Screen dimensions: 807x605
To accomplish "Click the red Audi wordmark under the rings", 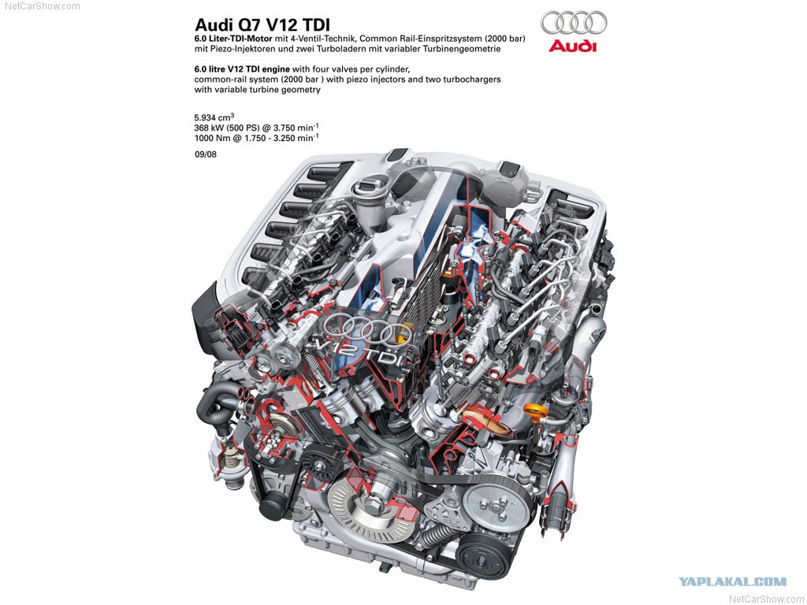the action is [x=572, y=46].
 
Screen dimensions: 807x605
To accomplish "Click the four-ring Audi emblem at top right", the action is [x=574, y=23].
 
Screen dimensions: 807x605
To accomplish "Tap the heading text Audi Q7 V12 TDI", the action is [x=262, y=24].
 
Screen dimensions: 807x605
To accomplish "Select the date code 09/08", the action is [x=206, y=154].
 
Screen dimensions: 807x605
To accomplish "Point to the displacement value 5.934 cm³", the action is [x=214, y=117].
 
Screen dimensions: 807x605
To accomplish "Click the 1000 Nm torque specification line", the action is [x=256, y=138].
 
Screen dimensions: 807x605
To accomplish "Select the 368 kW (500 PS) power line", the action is [x=256, y=128].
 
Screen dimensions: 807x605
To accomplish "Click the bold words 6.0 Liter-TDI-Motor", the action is [x=233, y=39].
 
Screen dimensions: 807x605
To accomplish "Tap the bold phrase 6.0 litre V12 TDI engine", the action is [x=242, y=69].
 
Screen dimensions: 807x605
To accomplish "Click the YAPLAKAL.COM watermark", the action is [x=732, y=582].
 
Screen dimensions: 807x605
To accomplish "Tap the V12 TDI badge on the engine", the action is [x=363, y=353].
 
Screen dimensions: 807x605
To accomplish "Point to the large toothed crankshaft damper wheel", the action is [x=372, y=510].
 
